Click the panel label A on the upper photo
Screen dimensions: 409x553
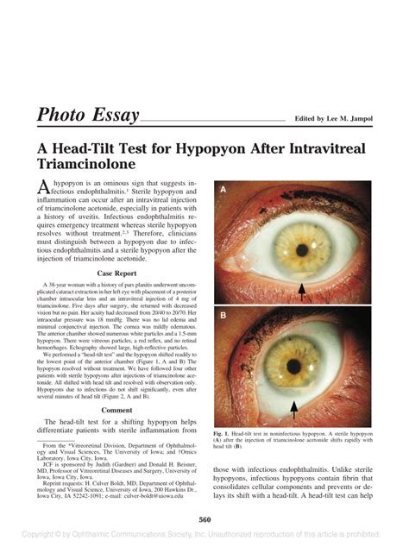223,188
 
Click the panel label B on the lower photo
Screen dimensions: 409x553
223,317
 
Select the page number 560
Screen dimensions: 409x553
204,518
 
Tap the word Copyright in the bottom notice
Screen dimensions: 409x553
45,537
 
